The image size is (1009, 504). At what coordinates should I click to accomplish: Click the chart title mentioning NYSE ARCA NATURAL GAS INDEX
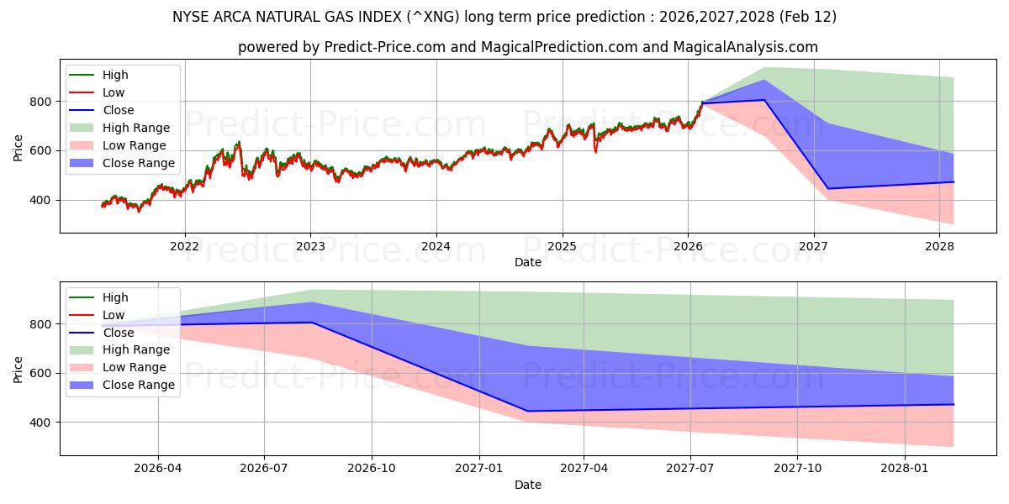[504, 17]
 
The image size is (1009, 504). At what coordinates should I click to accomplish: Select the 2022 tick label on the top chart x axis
[184, 246]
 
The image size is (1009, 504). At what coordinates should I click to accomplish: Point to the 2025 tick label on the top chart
[562, 246]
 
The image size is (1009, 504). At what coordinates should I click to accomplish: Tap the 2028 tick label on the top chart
[939, 246]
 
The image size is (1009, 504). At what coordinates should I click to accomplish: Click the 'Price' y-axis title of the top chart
[18, 147]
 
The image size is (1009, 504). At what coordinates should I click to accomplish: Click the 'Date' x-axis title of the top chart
[527, 262]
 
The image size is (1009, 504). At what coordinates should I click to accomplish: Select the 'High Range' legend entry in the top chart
[135, 128]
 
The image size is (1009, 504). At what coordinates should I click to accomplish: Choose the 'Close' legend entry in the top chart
[118, 110]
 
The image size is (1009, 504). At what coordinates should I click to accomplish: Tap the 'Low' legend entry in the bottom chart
[114, 315]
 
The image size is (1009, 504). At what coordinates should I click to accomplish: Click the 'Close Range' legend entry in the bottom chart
[138, 385]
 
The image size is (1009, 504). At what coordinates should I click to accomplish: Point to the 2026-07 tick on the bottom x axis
[264, 469]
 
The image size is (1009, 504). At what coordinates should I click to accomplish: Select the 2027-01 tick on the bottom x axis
[479, 469]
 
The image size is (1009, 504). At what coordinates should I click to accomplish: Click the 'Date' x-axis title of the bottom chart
[527, 485]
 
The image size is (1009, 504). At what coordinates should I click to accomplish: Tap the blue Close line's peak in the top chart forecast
[764, 100]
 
